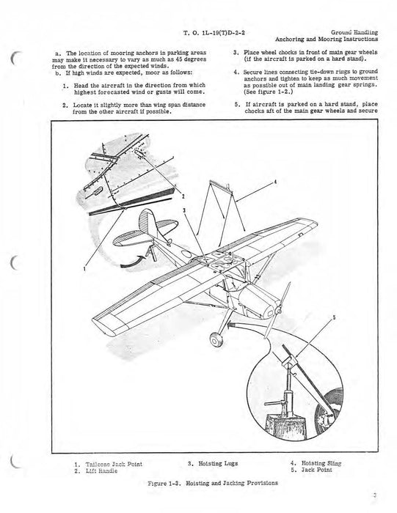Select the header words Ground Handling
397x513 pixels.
tap(353, 34)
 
